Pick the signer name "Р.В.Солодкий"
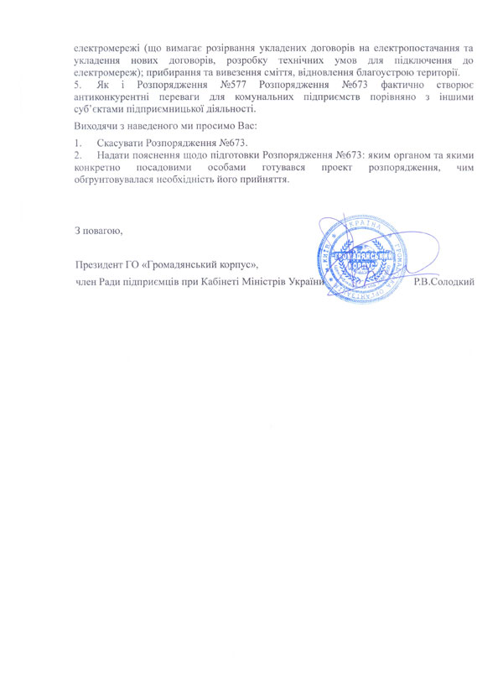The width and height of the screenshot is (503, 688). pyautogui.click(x=445, y=280)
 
